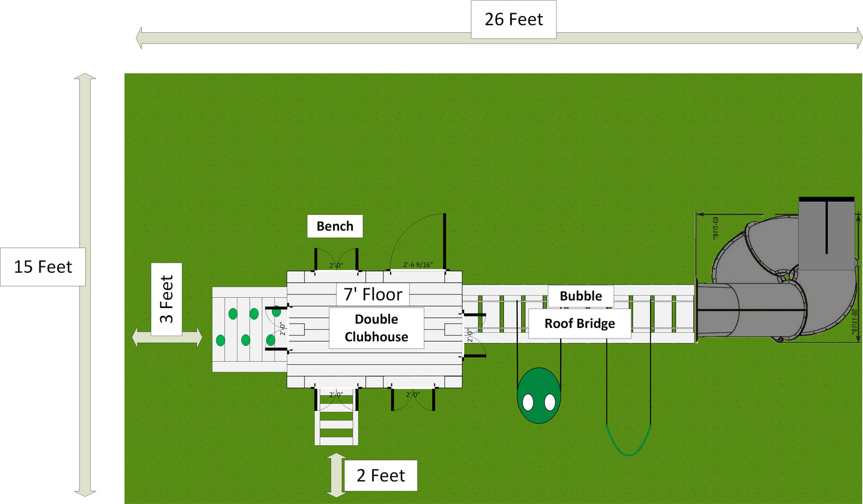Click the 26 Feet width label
click(x=514, y=20)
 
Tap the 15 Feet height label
click(x=43, y=267)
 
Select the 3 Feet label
click(x=167, y=299)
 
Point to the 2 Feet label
click(x=380, y=476)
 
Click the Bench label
click(x=335, y=226)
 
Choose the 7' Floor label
click(x=373, y=294)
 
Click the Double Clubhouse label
click(x=376, y=328)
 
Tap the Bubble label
click(x=581, y=296)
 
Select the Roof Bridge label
click(x=579, y=324)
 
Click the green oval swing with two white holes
click(x=539, y=396)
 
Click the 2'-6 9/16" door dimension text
click(x=417, y=265)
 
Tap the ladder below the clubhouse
click(x=337, y=421)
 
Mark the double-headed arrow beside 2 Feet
click(x=336, y=475)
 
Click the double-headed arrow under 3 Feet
click(x=167, y=337)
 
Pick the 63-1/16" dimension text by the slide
click(x=715, y=228)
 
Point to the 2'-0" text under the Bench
click(x=336, y=266)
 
